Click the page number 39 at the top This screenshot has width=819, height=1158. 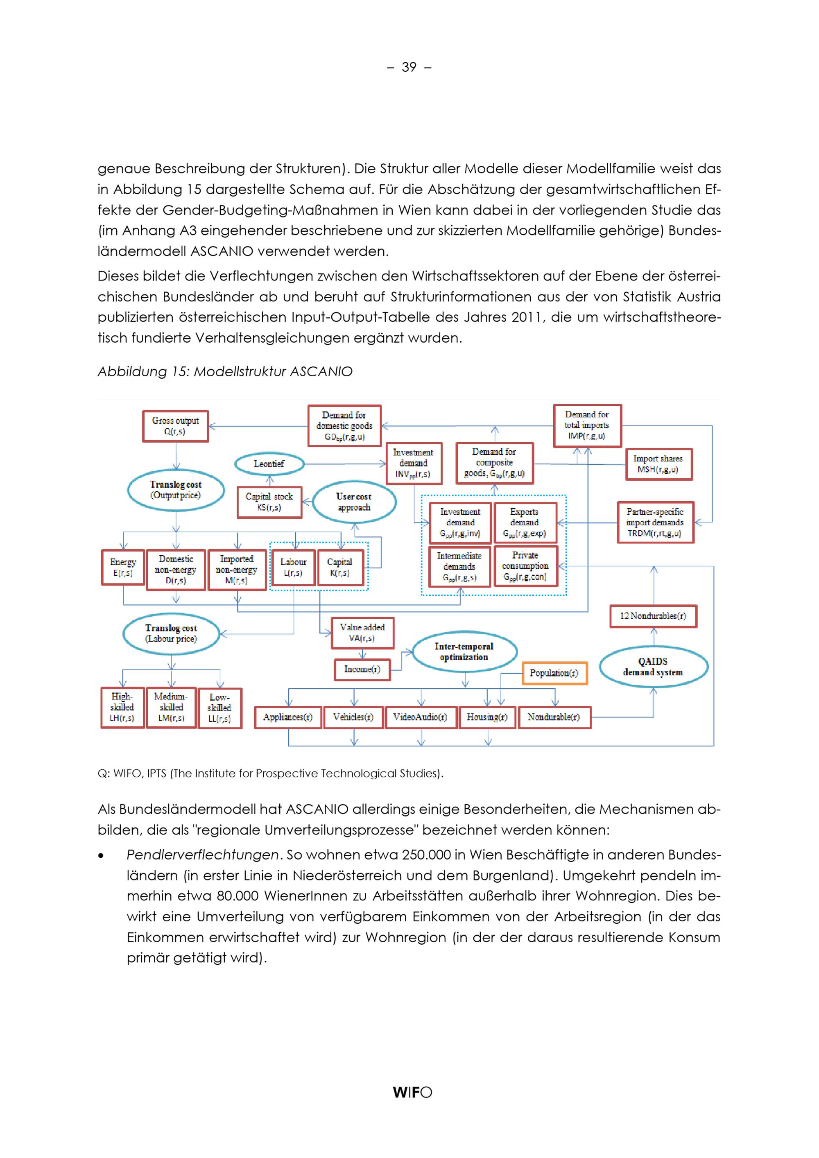[x=409, y=67]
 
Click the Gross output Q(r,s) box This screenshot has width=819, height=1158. [x=176, y=426]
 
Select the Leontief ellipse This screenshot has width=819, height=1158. [x=269, y=464]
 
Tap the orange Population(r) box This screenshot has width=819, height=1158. [x=554, y=673]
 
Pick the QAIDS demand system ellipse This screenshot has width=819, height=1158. [x=653, y=667]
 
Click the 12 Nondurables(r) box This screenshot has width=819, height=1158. [x=653, y=616]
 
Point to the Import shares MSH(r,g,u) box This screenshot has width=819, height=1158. [x=658, y=464]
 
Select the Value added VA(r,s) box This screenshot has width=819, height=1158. [x=362, y=633]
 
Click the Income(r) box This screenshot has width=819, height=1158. [x=362, y=669]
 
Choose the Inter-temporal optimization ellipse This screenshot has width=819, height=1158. [x=464, y=651]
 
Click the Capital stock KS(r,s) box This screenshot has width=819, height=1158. [x=269, y=502]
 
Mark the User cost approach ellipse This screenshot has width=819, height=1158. [x=354, y=502]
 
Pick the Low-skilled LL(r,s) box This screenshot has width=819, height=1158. [x=219, y=708]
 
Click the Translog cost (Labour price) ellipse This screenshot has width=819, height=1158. [x=172, y=633]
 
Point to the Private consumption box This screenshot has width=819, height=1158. [x=525, y=566]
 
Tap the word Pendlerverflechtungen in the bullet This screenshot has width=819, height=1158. [x=202, y=855]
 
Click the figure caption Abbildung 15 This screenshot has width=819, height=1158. [x=225, y=372]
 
